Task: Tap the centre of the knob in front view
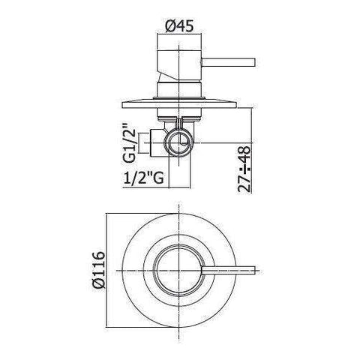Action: (179, 268)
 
